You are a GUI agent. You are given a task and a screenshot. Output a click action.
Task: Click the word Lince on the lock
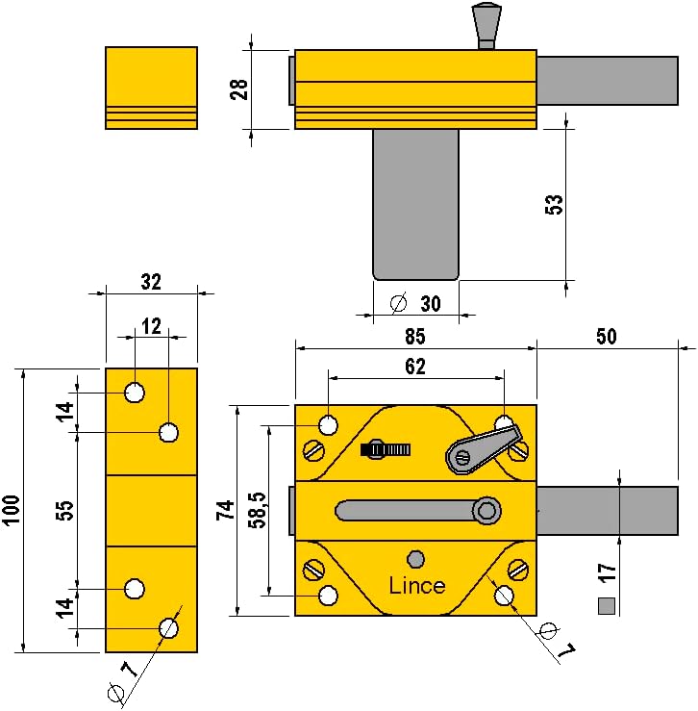point(417,585)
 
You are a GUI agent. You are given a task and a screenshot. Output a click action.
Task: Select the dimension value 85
point(415,337)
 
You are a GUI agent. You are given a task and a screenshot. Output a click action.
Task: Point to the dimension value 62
point(415,367)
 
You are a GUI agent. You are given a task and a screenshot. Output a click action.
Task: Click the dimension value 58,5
point(259,510)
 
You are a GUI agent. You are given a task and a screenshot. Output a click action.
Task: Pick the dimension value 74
point(225,510)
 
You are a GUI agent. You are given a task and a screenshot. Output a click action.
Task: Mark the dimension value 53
point(554,205)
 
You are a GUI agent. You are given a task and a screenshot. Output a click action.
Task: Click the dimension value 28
point(238,89)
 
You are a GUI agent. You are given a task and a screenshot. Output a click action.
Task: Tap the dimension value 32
point(151,282)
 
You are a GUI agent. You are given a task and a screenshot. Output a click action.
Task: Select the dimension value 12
point(151,326)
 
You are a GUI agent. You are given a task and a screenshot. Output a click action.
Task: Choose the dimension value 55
point(65,510)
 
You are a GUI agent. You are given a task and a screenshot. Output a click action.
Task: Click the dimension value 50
point(607,336)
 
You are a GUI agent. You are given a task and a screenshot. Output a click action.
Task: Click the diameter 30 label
point(415,303)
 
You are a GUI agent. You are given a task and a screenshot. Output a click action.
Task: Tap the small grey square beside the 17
point(607,606)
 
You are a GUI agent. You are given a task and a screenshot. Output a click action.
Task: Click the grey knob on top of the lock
point(486,25)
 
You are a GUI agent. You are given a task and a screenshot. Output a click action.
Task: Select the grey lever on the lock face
point(483,448)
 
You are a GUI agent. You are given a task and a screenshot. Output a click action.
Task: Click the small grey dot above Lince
point(415,559)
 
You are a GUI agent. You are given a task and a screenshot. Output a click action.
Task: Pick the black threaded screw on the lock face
point(386,449)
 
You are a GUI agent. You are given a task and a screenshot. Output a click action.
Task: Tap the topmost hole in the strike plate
point(135,393)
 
